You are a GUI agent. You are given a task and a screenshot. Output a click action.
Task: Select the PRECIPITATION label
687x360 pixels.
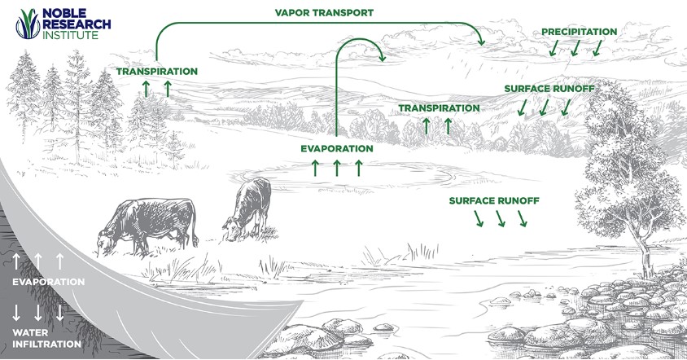click(579, 32)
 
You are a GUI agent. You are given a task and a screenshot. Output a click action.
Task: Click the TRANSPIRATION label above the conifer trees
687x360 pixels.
click(157, 71)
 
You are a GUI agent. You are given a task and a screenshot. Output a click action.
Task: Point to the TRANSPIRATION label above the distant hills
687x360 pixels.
click(439, 108)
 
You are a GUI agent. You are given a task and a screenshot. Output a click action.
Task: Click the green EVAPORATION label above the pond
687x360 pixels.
click(336, 149)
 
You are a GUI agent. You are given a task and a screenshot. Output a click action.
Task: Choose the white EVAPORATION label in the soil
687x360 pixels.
click(48, 282)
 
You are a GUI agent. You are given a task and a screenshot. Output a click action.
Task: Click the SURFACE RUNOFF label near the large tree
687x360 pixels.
click(494, 200)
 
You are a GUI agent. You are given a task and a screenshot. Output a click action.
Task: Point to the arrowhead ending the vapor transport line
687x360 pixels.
click(480, 41)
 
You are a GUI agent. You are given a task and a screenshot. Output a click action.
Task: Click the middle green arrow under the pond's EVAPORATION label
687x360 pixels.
click(337, 169)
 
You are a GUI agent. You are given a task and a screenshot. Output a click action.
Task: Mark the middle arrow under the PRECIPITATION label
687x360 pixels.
click(575, 49)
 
